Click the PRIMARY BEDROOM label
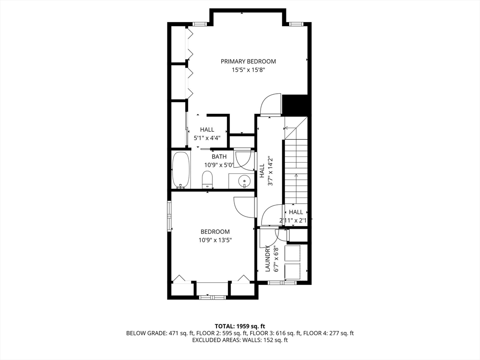[x=248, y=61]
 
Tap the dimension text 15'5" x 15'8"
[x=248, y=70]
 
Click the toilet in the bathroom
[x=207, y=180]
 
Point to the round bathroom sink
[x=245, y=181]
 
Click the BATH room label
[x=219, y=157]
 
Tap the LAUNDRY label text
[x=267, y=259]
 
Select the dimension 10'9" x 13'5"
[x=215, y=240]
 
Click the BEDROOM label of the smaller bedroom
[x=215, y=232]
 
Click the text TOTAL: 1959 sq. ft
[x=240, y=326]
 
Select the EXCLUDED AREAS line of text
[x=240, y=340]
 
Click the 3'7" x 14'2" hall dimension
[x=270, y=171]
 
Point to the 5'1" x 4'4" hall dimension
[x=207, y=138]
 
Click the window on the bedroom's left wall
[x=169, y=216]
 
